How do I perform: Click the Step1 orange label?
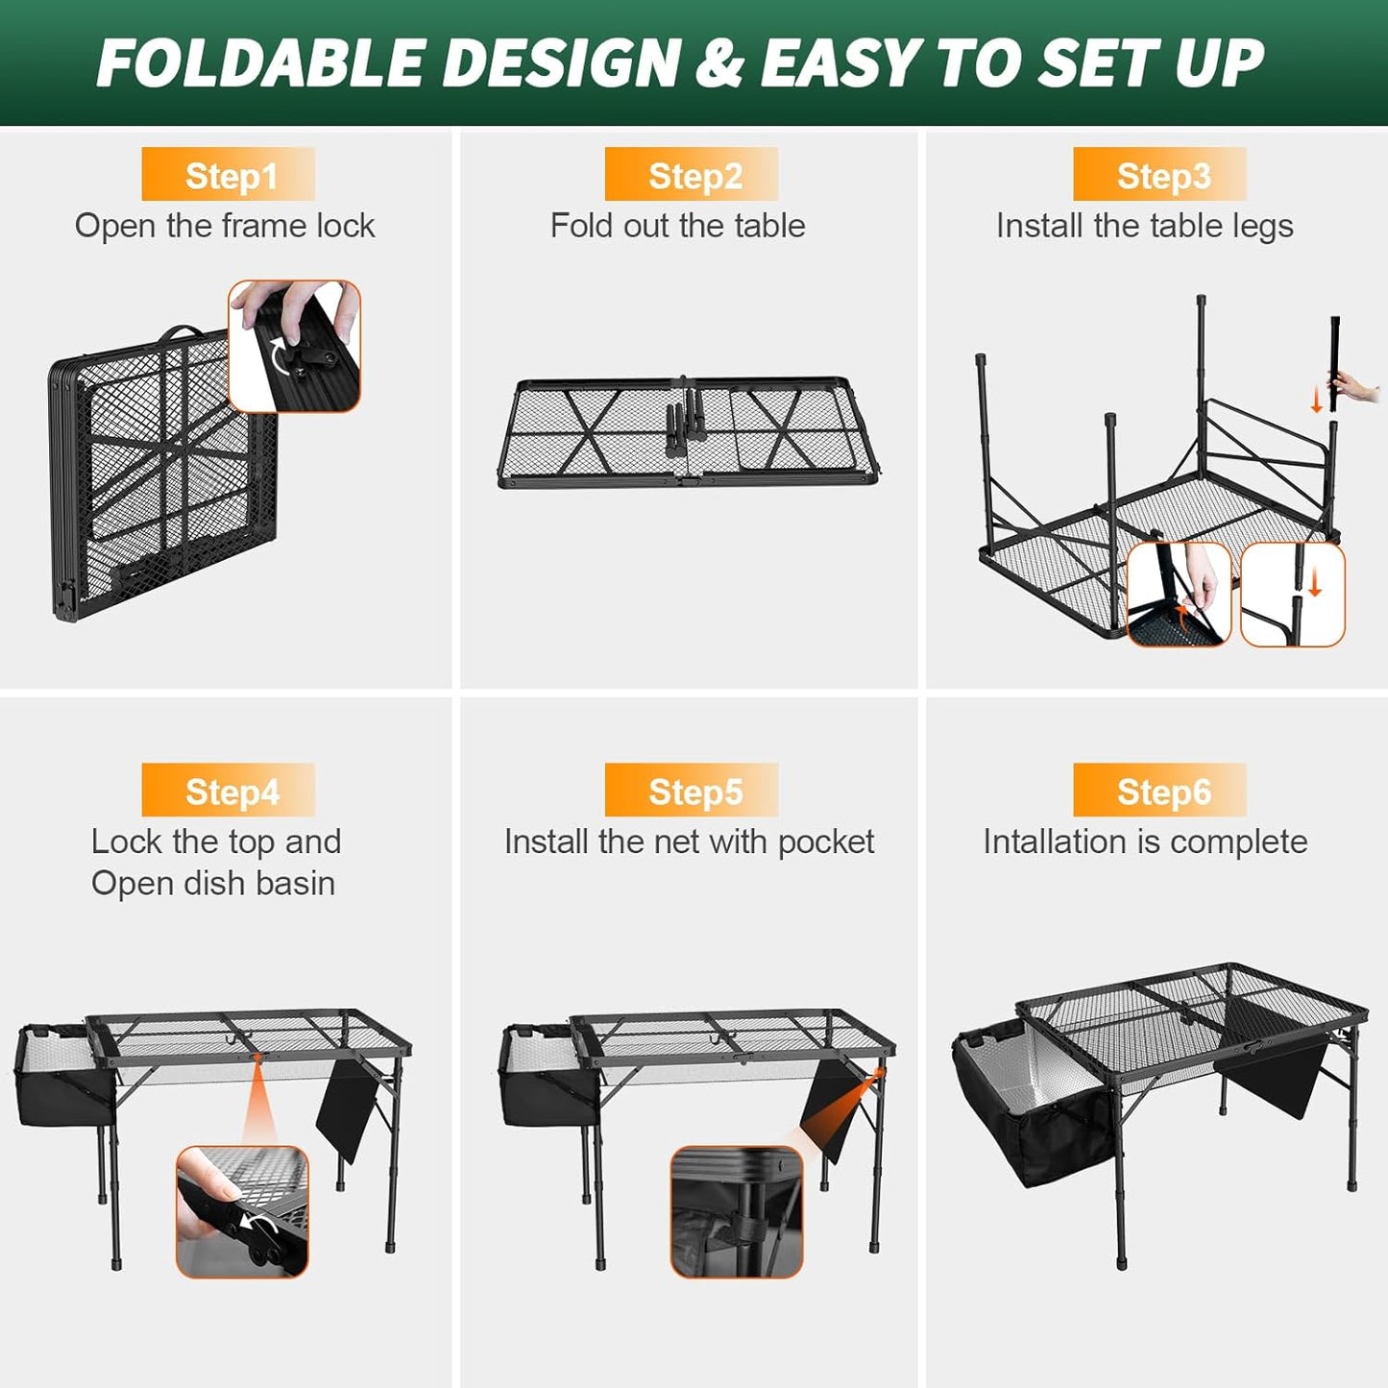[228, 175]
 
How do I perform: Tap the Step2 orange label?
[692, 175]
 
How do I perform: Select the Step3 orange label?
[1159, 175]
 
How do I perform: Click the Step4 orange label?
[228, 791]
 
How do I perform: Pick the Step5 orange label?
[692, 791]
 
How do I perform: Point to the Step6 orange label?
[1159, 791]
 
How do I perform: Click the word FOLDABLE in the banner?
[261, 63]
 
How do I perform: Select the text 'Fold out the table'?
[677, 226]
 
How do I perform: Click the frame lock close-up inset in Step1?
[295, 346]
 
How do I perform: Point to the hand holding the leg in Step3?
[1358, 390]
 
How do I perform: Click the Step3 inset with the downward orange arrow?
[1292, 594]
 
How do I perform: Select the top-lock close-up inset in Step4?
[242, 1211]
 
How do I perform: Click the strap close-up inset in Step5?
[736, 1211]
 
